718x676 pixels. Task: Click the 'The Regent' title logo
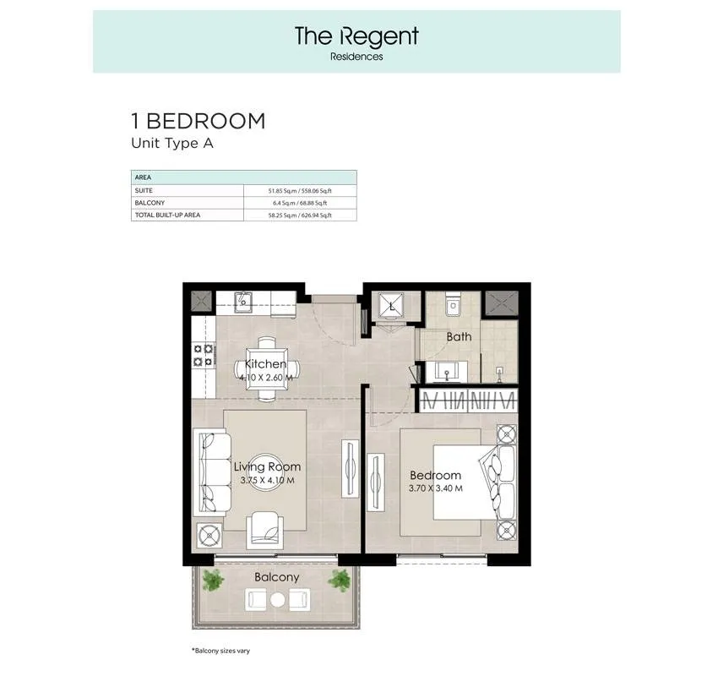click(x=356, y=36)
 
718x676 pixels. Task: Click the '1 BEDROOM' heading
click(x=199, y=121)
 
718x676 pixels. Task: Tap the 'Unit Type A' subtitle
click(x=172, y=144)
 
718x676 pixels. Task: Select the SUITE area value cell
click(x=300, y=190)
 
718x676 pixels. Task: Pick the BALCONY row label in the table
click(x=150, y=203)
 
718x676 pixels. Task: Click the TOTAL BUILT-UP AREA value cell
click(x=300, y=215)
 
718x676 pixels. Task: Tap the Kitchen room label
click(x=265, y=364)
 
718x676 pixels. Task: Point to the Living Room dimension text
click(x=268, y=481)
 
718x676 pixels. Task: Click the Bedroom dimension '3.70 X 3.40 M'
click(x=436, y=488)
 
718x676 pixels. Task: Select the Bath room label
click(x=459, y=336)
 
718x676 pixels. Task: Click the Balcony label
click(x=276, y=577)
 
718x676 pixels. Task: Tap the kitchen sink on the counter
click(x=243, y=302)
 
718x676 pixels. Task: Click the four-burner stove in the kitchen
click(x=204, y=355)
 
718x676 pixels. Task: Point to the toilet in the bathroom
click(x=453, y=303)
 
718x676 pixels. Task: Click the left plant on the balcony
click(x=213, y=581)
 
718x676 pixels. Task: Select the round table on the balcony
click(x=278, y=599)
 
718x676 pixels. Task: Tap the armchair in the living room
click(x=264, y=531)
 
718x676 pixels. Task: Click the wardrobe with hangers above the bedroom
click(x=469, y=401)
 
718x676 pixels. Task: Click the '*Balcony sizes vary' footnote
click(x=220, y=651)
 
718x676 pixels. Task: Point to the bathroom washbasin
click(x=447, y=372)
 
